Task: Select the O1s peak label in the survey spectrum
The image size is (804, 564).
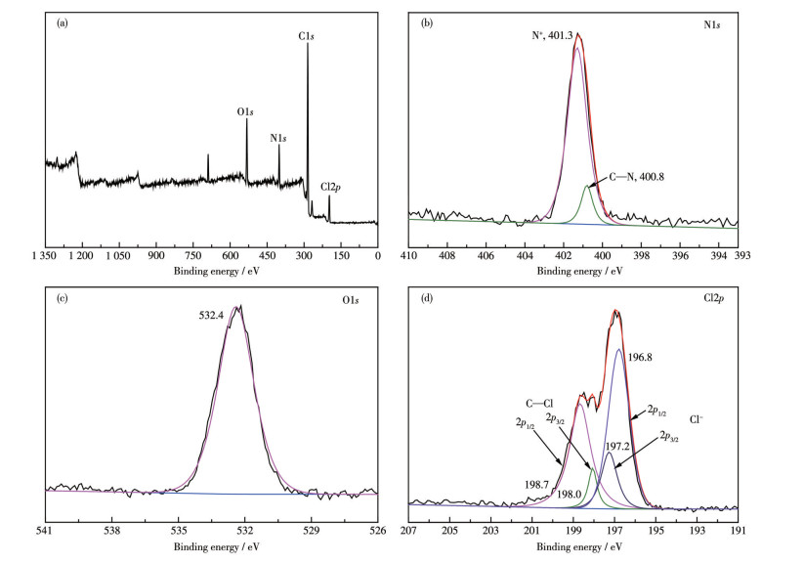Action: pos(245,111)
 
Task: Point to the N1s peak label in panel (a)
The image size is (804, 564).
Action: pos(278,138)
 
